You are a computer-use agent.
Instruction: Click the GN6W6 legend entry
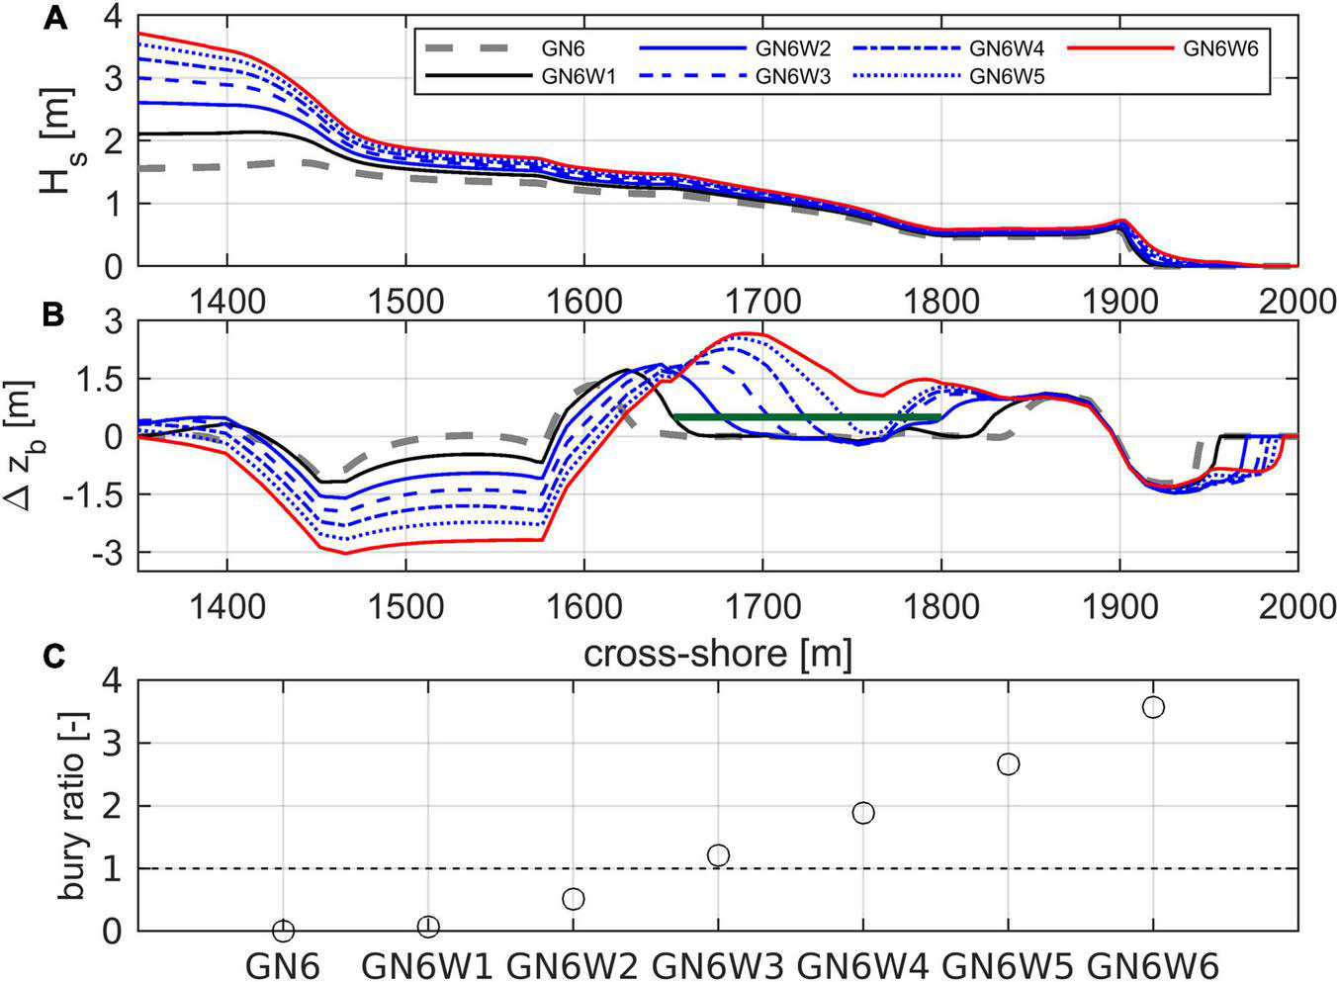click(x=1220, y=47)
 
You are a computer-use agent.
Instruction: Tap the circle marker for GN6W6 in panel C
click(x=1153, y=707)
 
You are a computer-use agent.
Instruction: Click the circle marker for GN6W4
click(x=863, y=813)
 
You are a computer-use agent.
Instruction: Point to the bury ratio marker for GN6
click(x=284, y=931)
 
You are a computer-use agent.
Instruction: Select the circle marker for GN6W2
click(x=574, y=899)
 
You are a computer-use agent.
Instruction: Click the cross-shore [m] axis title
click(x=717, y=654)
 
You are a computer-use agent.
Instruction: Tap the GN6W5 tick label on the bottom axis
click(x=1007, y=964)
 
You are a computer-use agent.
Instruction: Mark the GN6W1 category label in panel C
click(x=427, y=964)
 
